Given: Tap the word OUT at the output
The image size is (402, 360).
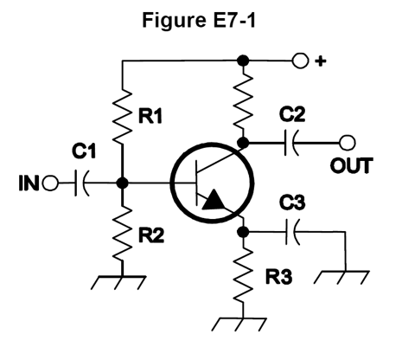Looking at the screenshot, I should point(351,164).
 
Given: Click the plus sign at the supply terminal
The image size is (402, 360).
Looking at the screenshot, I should point(322,62).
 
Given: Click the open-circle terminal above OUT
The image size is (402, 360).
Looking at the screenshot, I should point(348,142).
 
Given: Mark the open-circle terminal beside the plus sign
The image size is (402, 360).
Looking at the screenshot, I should point(300,61).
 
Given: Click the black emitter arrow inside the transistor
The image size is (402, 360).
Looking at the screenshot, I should point(213,201).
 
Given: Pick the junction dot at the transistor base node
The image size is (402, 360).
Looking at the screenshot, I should point(123,183).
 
